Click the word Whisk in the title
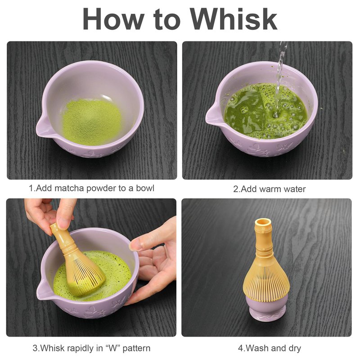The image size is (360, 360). [x=233, y=19]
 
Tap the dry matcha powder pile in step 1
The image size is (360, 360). [x=91, y=121]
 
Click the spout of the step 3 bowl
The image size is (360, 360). [x=44, y=289]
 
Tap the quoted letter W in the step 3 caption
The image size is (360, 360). [x=113, y=348]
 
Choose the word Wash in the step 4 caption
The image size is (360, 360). [x=255, y=348]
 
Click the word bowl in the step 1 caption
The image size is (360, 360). [x=145, y=188]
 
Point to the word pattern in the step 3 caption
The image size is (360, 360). [x=136, y=348]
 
